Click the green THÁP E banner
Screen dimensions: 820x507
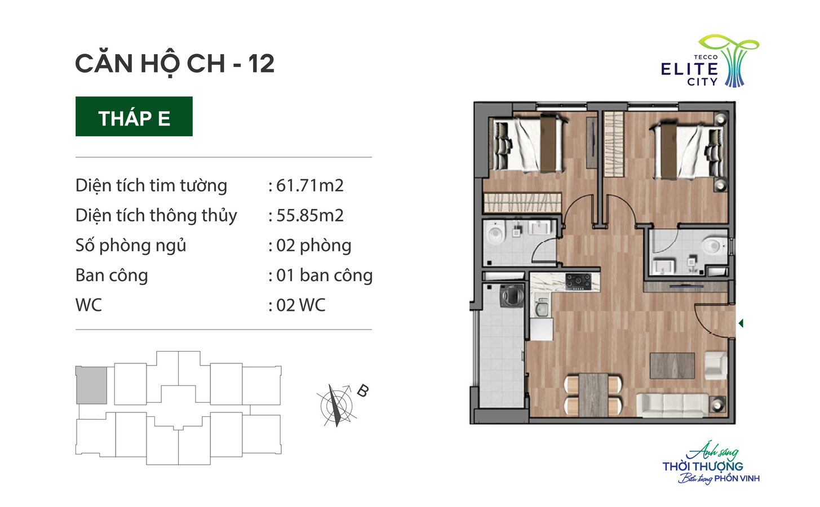[x=134, y=116]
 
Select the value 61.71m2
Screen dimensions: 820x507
[x=310, y=185]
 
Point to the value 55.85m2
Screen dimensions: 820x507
[x=310, y=215]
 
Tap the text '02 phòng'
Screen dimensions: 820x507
[x=314, y=246]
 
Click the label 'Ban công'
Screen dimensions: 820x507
[x=112, y=275]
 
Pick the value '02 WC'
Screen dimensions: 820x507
[x=300, y=305]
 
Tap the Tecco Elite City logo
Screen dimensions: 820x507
[x=710, y=61]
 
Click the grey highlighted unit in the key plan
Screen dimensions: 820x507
[x=91, y=385]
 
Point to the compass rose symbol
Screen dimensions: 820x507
[x=336, y=405]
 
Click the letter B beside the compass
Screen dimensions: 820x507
[x=362, y=391]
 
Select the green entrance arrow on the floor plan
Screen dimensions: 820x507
[x=741, y=323]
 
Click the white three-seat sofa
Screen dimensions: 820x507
[x=672, y=405]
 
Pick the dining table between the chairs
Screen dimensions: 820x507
[x=593, y=395]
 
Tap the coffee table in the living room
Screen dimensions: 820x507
[x=672, y=366]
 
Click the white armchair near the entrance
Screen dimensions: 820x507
[x=715, y=366]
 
